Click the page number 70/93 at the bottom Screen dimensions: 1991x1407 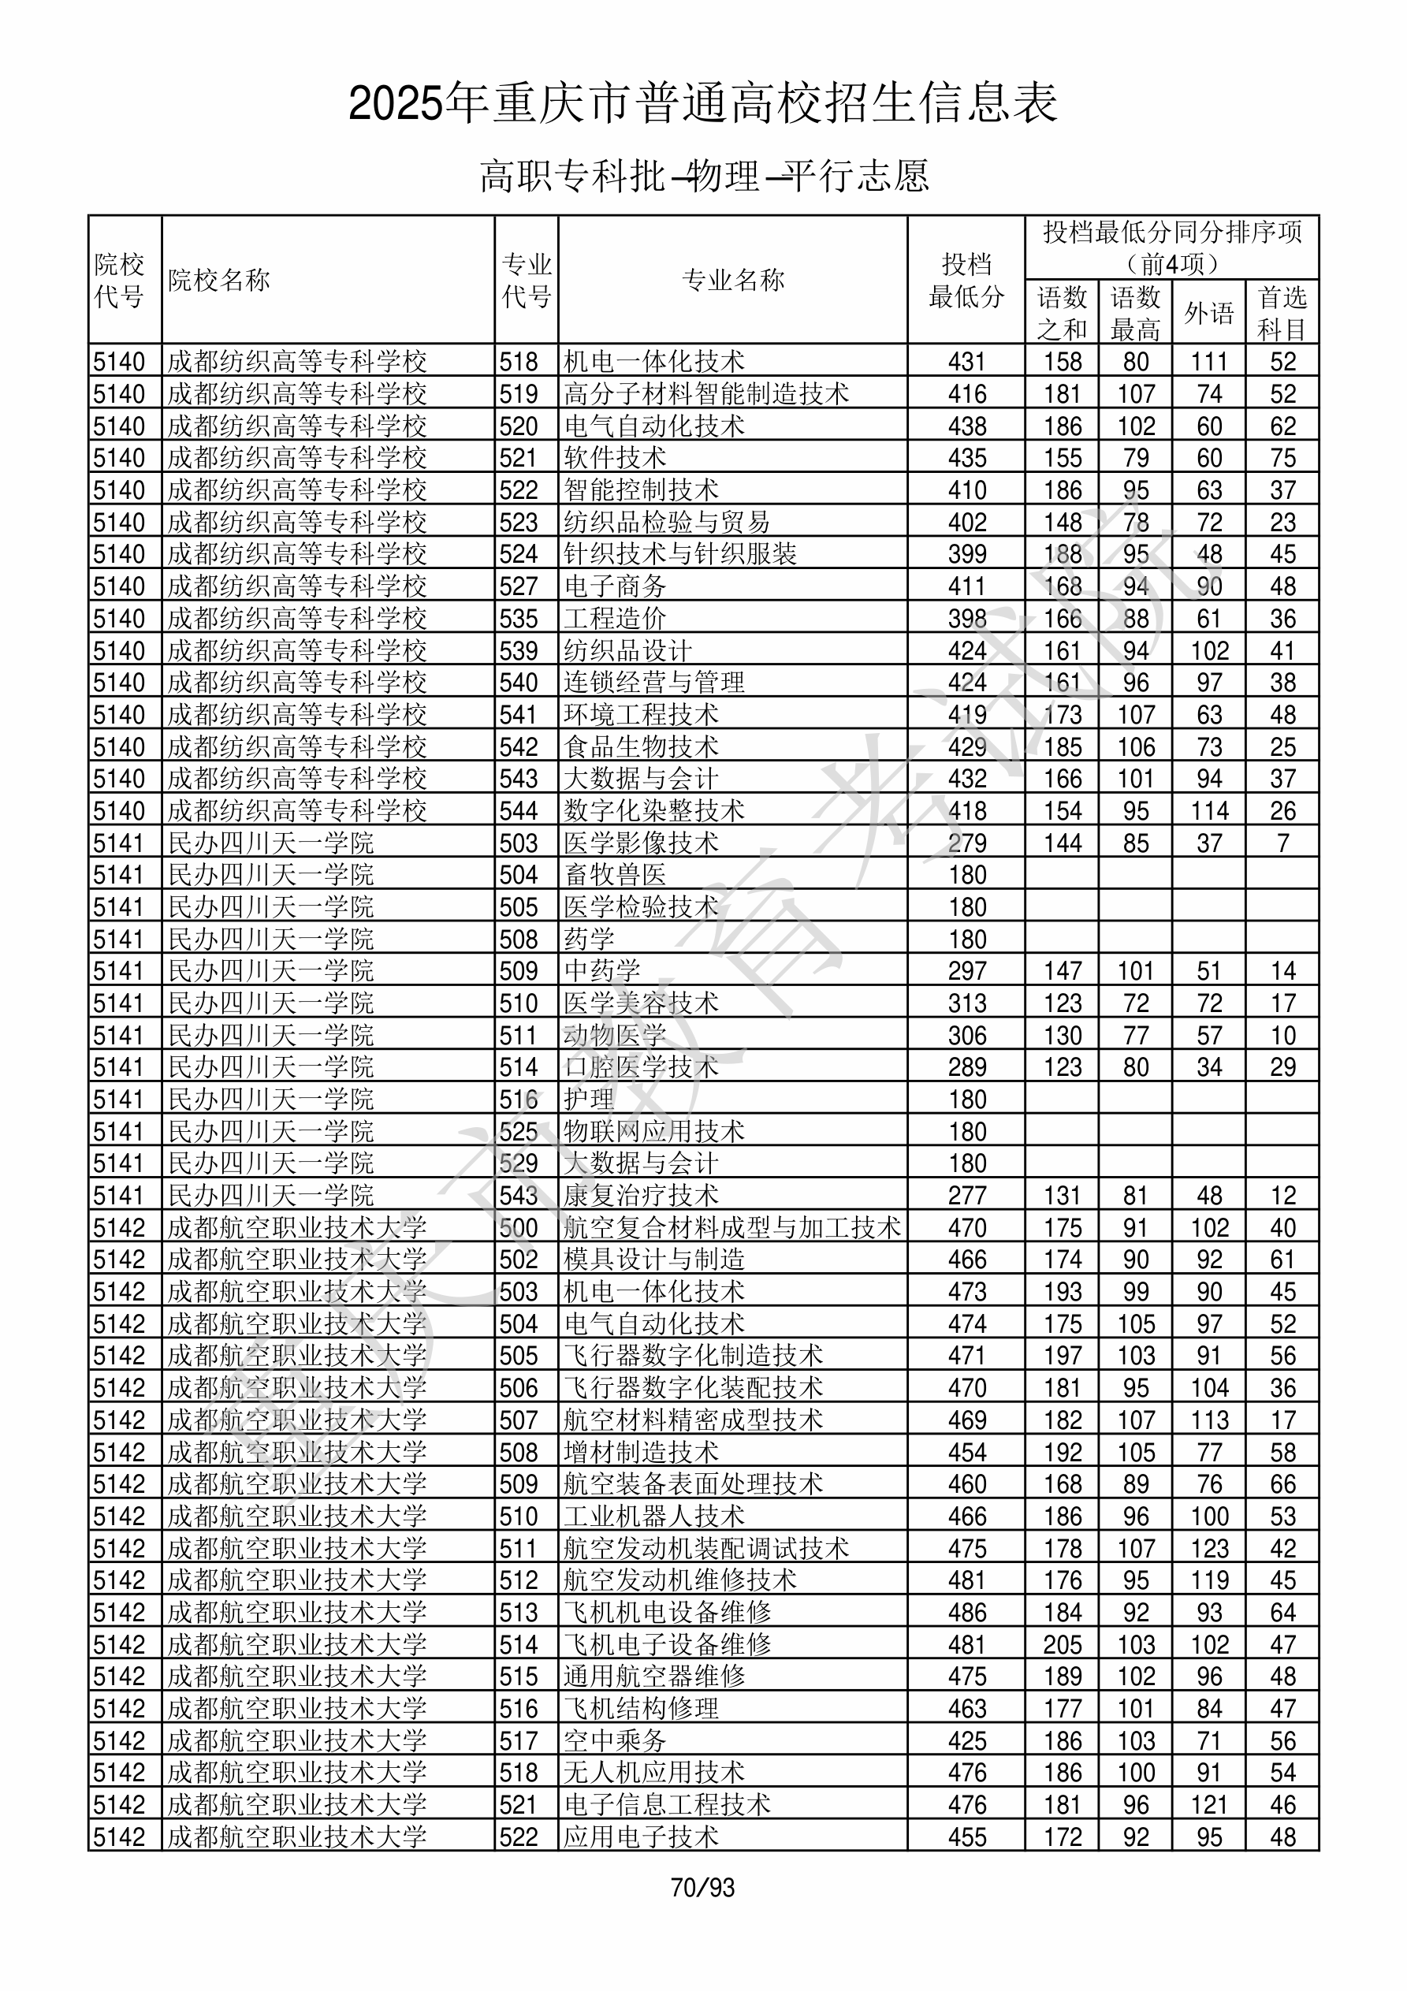click(702, 1887)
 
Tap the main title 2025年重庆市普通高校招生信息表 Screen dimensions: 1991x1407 click(702, 103)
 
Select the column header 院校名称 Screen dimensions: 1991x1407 click(219, 280)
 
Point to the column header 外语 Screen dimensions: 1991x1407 click(1208, 313)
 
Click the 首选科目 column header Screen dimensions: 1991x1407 click(1282, 313)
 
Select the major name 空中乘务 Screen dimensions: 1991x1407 click(615, 1740)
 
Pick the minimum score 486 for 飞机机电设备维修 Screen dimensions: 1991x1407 click(966, 1612)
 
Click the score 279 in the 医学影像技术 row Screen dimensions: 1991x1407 click(966, 843)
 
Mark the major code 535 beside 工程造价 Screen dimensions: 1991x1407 click(519, 618)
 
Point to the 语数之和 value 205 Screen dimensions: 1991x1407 click(1063, 1644)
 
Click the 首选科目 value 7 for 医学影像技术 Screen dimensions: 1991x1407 click(1283, 843)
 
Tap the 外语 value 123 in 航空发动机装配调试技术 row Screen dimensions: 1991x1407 click(1209, 1548)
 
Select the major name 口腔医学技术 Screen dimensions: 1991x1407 click(641, 1066)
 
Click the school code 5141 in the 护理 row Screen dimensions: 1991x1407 click(119, 1099)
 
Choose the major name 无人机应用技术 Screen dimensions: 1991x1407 click(654, 1773)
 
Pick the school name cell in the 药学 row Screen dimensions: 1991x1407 click(270, 939)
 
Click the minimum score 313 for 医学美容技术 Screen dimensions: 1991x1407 click(966, 1003)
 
